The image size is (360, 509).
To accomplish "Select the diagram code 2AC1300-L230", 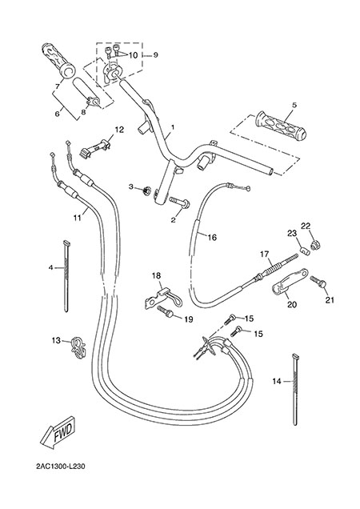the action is [x=61, y=467].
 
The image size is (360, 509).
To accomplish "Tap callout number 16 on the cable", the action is [x=212, y=238].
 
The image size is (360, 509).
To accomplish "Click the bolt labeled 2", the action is [x=179, y=203].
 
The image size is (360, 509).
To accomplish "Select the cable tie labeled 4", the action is [x=67, y=276].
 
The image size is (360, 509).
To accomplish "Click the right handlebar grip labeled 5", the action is [x=281, y=126].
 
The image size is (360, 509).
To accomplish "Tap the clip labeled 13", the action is [x=78, y=348].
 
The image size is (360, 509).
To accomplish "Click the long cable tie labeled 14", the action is [x=295, y=389].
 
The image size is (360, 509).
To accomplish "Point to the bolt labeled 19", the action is [x=166, y=311].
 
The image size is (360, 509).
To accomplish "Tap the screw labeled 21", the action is [x=318, y=282].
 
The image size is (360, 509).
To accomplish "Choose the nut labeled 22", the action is [x=314, y=246].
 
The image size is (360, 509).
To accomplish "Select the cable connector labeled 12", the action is [x=96, y=148].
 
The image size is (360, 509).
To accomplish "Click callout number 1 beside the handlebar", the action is [x=173, y=126].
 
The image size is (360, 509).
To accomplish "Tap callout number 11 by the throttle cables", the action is [x=77, y=218].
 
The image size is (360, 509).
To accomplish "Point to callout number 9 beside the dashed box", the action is [x=155, y=55].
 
